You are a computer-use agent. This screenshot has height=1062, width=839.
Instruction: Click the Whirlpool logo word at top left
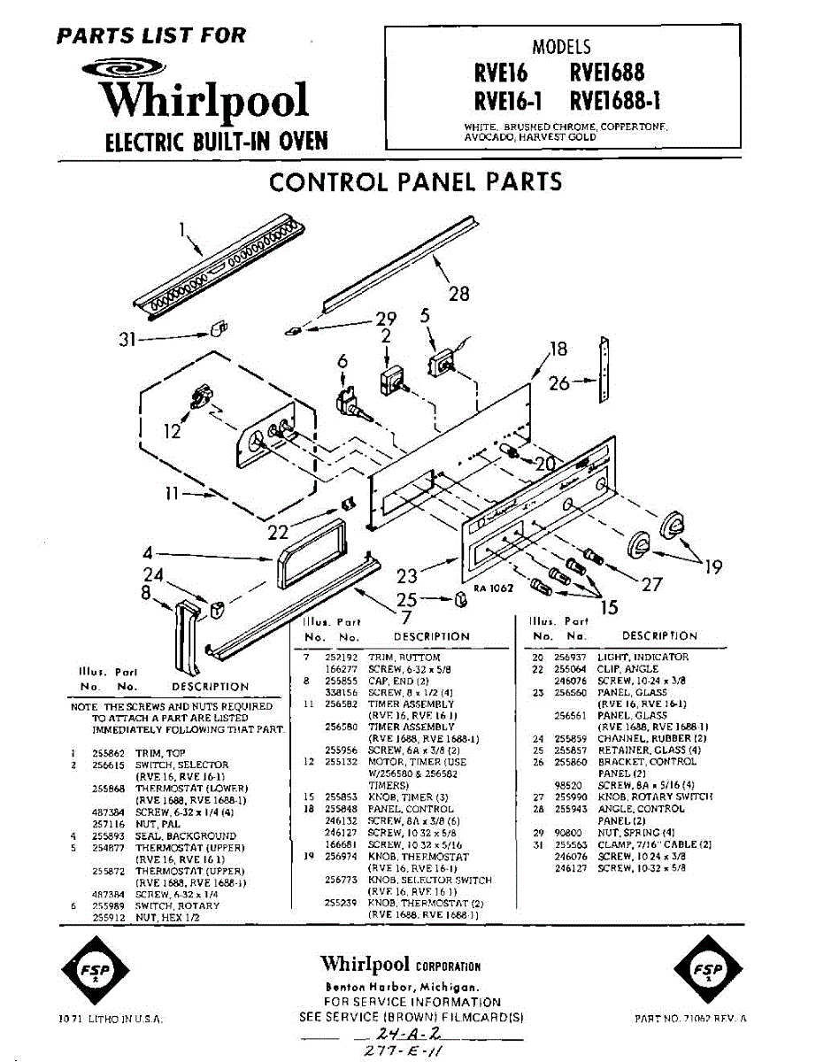206,100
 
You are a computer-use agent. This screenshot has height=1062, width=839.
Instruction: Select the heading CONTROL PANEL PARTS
415,182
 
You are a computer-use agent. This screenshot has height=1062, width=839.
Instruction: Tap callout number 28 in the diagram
458,294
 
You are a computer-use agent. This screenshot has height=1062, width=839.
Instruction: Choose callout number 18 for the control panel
558,349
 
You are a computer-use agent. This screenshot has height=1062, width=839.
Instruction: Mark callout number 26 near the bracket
559,383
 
